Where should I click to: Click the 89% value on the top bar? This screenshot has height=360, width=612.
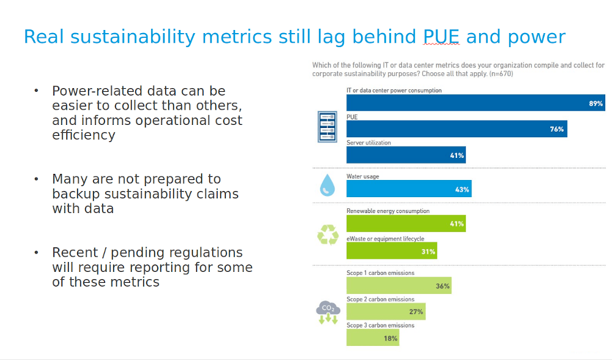pyautogui.click(x=595, y=103)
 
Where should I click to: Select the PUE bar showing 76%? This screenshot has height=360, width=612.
pyautogui.click(x=456, y=129)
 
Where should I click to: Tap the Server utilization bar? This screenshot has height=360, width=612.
pyautogui.click(x=406, y=156)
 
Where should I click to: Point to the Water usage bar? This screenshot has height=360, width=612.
pyautogui.click(x=408, y=189)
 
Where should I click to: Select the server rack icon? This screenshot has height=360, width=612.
pyautogui.click(x=327, y=127)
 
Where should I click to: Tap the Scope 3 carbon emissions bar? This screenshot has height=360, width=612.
pyautogui.click(x=373, y=338)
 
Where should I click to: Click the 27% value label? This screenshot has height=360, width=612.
pyautogui.click(x=416, y=312)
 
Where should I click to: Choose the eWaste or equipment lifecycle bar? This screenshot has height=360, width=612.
pyautogui.click(x=391, y=251)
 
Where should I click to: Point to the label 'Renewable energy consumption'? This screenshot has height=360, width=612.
pyautogui.click(x=388, y=211)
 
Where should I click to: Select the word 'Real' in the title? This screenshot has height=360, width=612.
pyautogui.click(x=44, y=37)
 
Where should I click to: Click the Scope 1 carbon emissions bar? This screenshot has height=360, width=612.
pyautogui.click(x=398, y=286)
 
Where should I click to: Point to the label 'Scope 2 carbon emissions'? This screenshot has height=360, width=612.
pyautogui.click(x=380, y=299)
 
